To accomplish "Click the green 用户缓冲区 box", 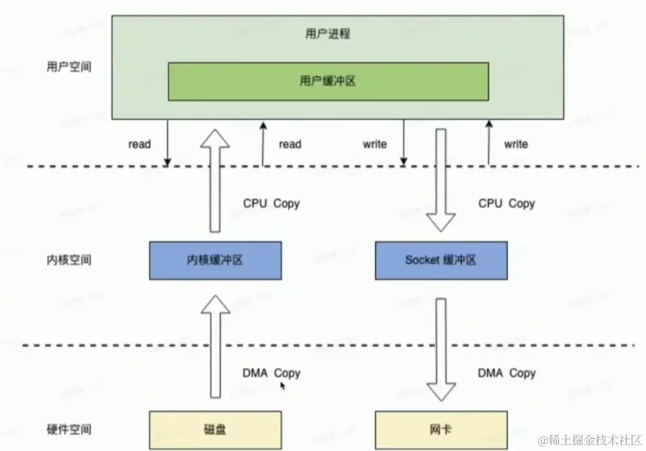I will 328,81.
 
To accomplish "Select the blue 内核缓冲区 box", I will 216,260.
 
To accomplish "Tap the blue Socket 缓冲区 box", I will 442,260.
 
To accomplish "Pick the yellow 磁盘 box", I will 216,430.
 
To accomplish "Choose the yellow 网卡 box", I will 442,430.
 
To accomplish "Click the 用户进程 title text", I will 328,33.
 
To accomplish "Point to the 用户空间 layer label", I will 70,67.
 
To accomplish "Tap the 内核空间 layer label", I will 70,260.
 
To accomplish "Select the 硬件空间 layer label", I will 70,429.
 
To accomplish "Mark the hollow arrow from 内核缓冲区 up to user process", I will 214,179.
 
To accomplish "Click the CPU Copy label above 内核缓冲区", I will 271,203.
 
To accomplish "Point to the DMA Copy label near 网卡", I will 507,373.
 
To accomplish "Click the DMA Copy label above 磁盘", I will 271,373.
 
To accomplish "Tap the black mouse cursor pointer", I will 283,386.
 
